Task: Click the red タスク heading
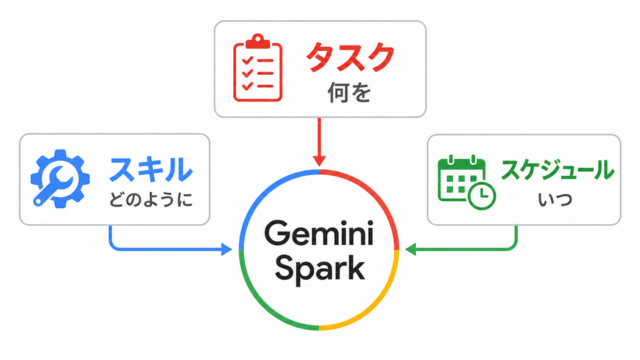350,58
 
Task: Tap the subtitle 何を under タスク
349,93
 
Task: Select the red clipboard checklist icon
258,68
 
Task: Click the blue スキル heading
150,169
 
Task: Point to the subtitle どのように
151,200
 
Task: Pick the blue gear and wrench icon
60,179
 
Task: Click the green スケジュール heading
558,170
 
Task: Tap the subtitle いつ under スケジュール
555,200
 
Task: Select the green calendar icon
467,182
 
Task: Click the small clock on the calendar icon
482,196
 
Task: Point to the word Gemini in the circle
319,233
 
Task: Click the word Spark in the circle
320,268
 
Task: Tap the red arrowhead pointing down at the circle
319,160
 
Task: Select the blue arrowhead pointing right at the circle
226,249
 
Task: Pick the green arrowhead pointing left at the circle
411,249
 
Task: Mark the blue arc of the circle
263,192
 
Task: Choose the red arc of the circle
376,192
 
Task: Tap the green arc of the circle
262,306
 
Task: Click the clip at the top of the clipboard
258,42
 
